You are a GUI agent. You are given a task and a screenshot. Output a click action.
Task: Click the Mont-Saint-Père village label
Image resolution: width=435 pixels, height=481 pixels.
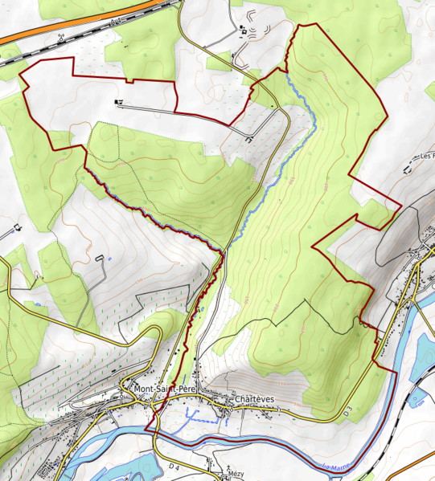[x=164, y=389]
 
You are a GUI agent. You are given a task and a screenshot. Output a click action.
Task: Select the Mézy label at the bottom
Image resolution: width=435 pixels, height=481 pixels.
[x=236, y=474]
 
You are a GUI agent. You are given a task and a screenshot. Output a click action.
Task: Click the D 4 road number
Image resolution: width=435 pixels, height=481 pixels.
[x=175, y=466]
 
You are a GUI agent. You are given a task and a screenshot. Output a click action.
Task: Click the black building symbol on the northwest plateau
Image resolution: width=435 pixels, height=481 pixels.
[x=120, y=102]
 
